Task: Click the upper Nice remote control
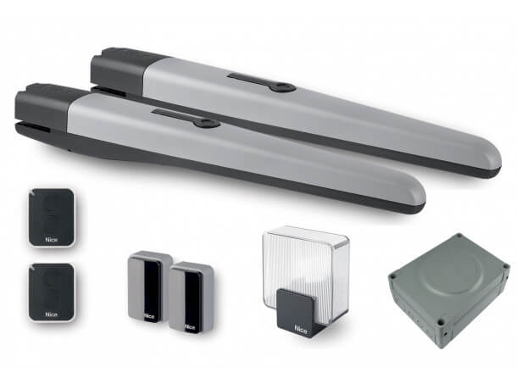(52, 218)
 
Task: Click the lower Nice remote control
(52, 292)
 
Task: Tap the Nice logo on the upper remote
(52, 240)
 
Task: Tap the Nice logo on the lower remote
(52, 314)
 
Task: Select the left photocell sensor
(147, 286)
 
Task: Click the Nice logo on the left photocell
(149, 317)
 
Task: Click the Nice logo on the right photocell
(191, 327)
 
